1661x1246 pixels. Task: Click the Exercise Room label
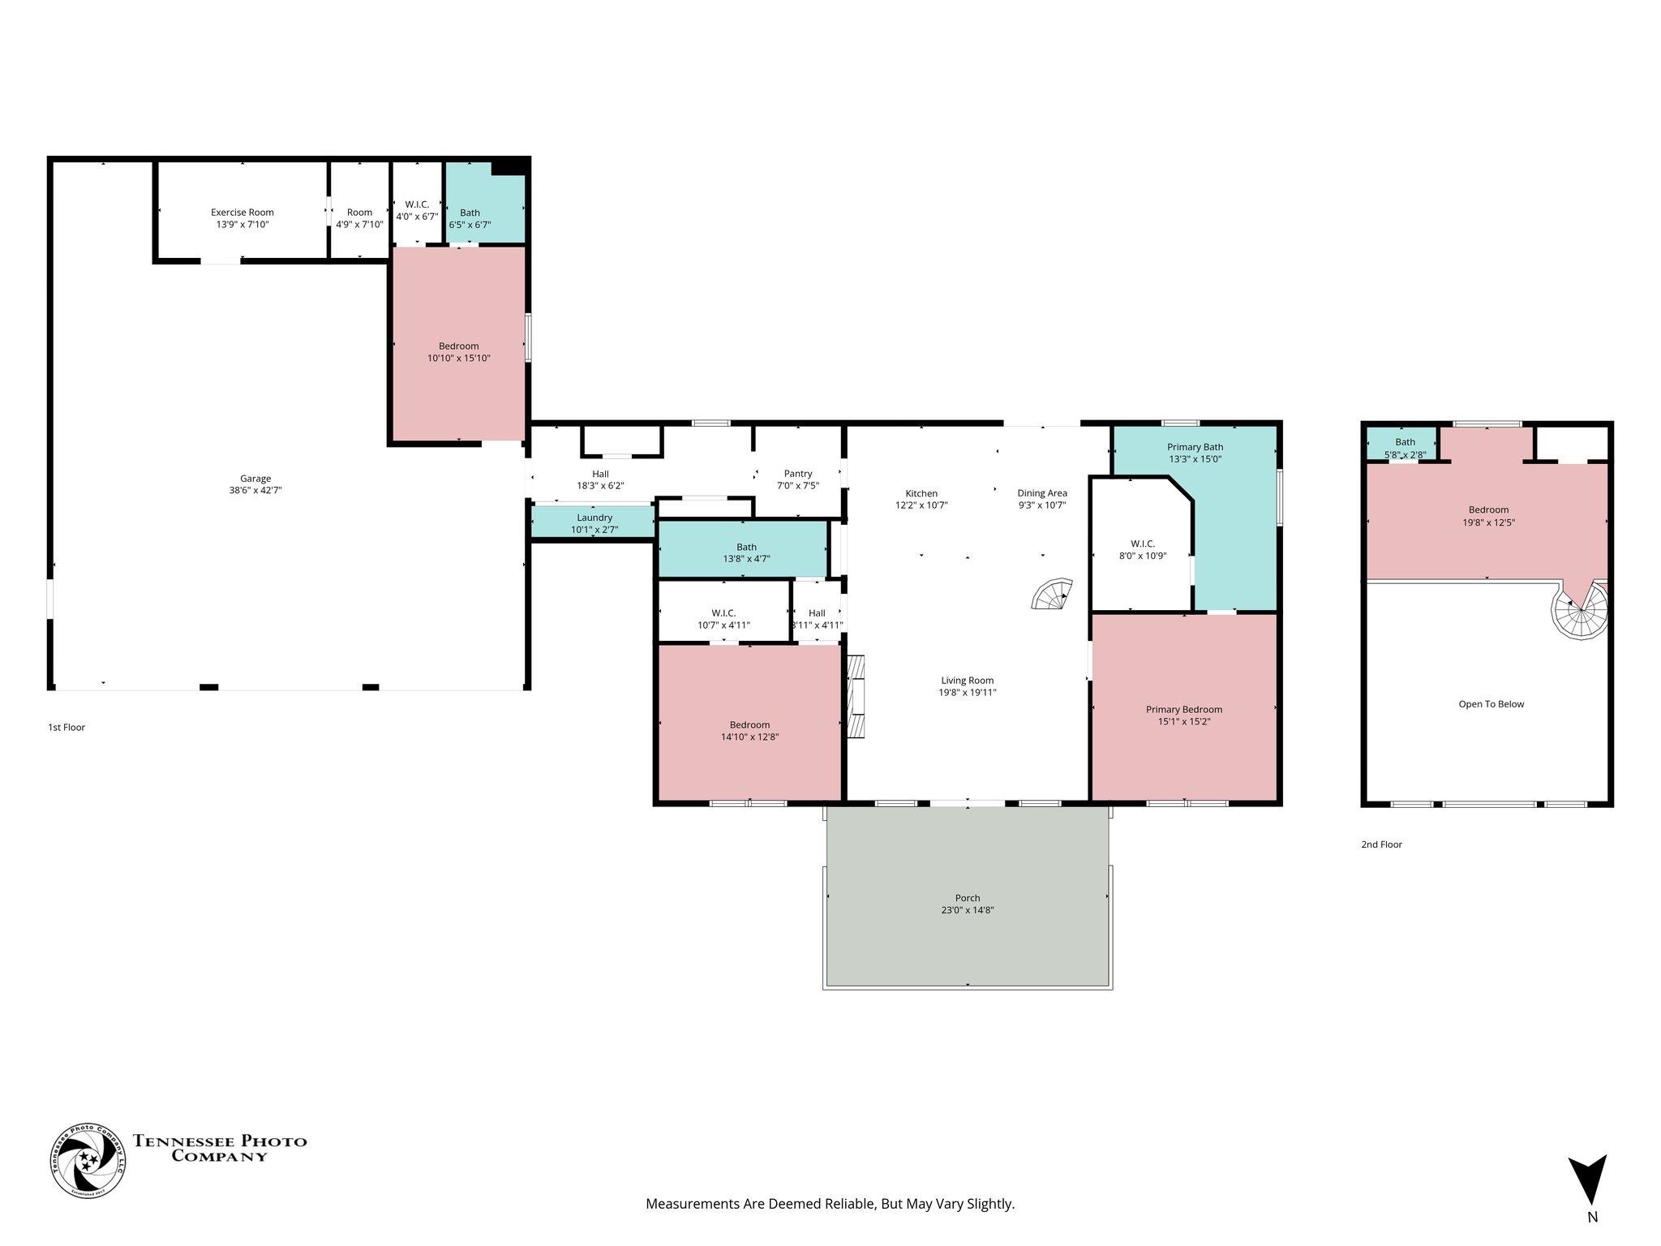tap(242, 213)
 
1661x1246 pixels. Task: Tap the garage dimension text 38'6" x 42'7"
tap(255, 490)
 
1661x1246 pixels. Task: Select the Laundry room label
tap(594, 518)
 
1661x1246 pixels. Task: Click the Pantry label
tap(798, 474)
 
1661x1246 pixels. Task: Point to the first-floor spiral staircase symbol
tap(1053, 595)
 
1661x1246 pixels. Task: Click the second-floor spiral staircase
tap(1579, 612)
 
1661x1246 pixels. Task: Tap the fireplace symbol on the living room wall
tap(856, 696)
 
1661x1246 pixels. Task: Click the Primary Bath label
tap(1195, 447)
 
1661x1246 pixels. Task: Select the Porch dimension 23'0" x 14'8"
tap(967, 910)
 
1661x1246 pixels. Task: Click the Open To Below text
tap(1491, 704)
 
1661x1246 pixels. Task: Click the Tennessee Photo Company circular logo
tap(88, 1160)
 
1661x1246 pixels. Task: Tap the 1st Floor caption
tap(67, 728)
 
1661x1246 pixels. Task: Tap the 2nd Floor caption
tap(1381, 844)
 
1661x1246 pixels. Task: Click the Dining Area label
tap(1042, 493)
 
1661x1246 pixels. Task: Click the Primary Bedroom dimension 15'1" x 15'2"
tap(1184, 721)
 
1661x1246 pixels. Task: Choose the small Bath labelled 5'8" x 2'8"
tap(1405, 454)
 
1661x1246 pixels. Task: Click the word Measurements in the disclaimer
tap(692, 1204)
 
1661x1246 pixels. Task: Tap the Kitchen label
tap(921, 493)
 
